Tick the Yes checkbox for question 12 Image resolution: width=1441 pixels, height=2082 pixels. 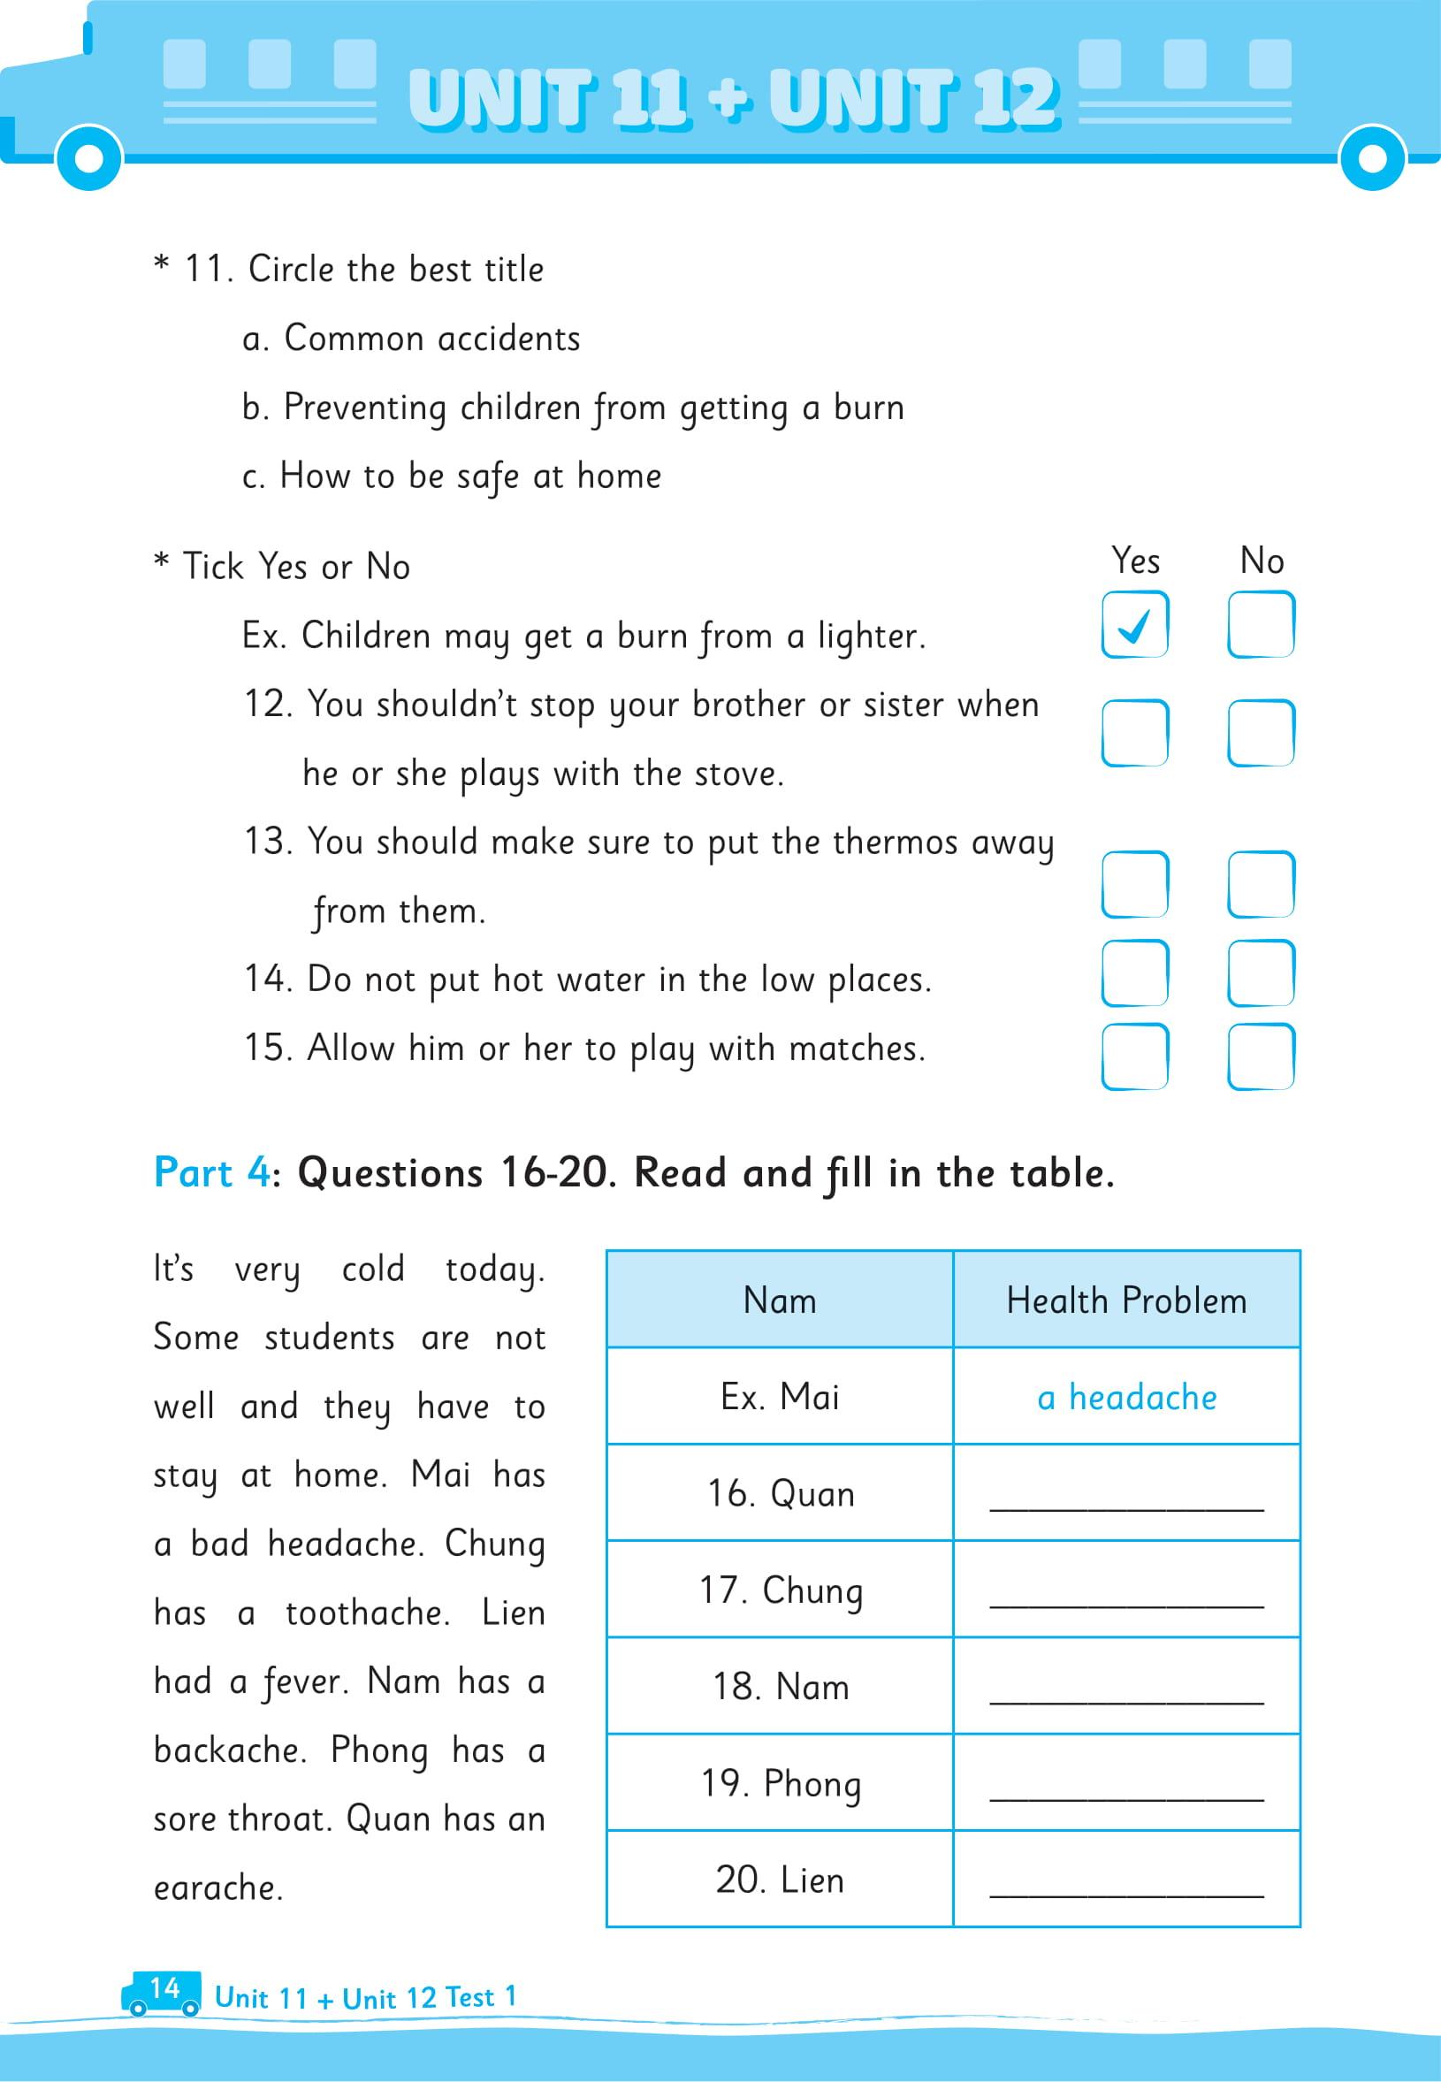1134,732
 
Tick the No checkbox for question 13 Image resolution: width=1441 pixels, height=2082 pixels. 1261,884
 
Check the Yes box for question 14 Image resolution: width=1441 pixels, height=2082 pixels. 1134,972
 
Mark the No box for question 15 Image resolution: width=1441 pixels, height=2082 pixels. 1261,1056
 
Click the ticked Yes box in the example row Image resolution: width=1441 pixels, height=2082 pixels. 1134,624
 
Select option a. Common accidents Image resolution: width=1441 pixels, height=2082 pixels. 411,339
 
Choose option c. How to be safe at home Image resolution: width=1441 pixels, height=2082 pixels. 452,476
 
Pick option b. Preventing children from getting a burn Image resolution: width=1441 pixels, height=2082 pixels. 573,408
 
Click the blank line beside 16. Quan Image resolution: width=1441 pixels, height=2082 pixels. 1126,1499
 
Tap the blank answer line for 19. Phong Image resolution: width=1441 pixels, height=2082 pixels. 1126,1788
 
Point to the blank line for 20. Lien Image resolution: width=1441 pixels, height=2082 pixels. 1126,1885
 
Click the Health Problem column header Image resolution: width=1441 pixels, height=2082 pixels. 1126,1301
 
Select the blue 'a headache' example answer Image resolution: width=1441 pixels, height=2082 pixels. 1126,1398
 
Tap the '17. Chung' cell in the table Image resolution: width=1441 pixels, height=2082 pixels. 780,1590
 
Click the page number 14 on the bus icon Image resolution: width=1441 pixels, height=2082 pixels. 164,1988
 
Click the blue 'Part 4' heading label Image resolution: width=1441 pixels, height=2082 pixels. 211,1173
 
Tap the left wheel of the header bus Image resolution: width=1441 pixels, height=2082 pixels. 88,158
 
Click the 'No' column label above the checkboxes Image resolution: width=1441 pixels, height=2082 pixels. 1261,561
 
